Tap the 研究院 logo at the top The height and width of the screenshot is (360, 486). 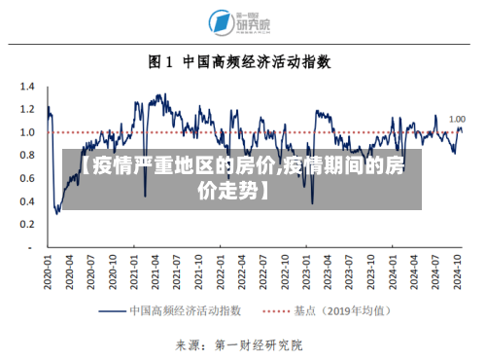pyautogui.click(x=240, y=21)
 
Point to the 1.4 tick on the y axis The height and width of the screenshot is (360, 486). pyautogui.click(x=26, y=86)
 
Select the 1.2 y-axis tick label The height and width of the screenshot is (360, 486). pyautogui.click(x=26, y=109)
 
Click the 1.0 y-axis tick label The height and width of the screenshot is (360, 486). pyautogui.click(x=26, y=132)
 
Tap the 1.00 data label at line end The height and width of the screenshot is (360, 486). pyautogui.click(x=457, y=120)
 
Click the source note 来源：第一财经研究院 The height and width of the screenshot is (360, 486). pyautogui.click(x=239, y=343)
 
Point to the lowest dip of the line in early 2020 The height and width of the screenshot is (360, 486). pyautogui.click(x=56, y=212)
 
